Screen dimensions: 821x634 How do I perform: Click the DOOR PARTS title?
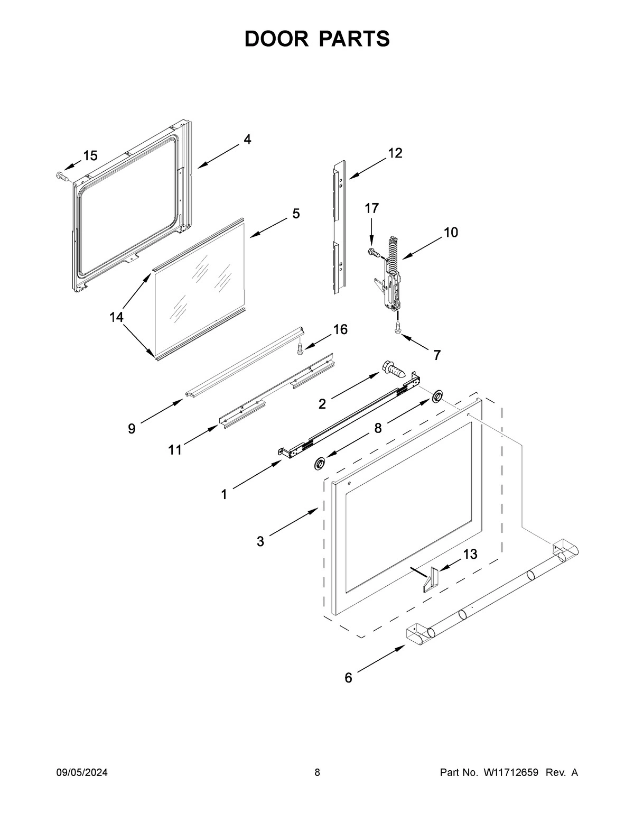click(317, 39)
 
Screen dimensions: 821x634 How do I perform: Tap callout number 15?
click(90, 155)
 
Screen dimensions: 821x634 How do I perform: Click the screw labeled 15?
click(61, 176)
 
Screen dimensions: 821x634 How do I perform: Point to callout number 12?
click(395, 153)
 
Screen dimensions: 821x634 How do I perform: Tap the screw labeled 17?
click(375, 253)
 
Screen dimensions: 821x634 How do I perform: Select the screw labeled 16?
click(300, 348)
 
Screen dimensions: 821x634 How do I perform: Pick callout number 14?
click(116, 317)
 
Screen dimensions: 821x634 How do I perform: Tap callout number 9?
click(132, 429)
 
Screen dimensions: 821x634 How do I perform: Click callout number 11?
click(175, 449)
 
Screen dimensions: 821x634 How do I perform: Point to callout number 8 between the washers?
click(378, 428)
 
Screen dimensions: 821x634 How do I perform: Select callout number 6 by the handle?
click(348, 678)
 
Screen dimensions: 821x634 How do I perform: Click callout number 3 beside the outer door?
click(260, 541)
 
